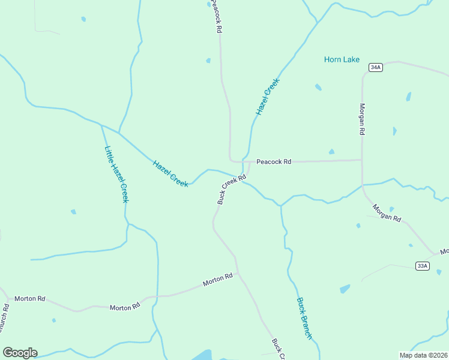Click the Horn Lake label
click(342, 59)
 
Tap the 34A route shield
click(376, 67)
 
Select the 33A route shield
click(422, 266)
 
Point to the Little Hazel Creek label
click(116, 174)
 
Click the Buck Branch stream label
click(304, 319)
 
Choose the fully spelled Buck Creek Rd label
click(232, 189)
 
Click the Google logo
click(20, 353)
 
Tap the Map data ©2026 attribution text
click(423, 355)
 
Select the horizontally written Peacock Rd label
click(274, 161)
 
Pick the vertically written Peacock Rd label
click(217, 17)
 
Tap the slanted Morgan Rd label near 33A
click(387, 213)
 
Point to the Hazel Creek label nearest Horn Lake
click(268, 97)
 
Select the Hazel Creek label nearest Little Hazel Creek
click(170, 173)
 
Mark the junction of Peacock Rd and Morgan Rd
click(362, 160)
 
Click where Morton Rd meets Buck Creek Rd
click(238, 274)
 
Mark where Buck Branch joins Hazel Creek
click(280, 206)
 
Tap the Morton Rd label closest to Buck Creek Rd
click(217, 279)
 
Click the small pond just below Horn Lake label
click(318, 87)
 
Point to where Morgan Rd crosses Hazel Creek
click(363, 185)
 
